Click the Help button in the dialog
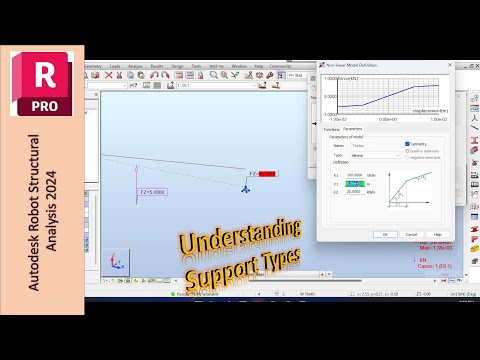click(436, 234)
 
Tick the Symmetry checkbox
click(407, 143)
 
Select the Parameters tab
click(353, 128)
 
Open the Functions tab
click(332, 128)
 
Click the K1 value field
click(354, 175)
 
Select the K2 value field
click(354, 191)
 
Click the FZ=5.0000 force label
click(150, 191)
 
